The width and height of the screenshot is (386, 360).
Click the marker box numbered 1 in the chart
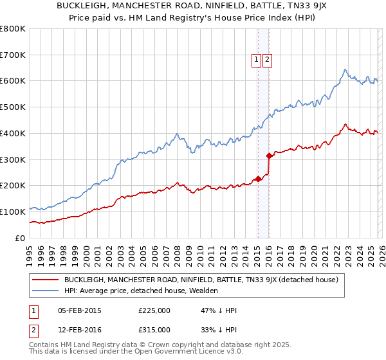[256, 60]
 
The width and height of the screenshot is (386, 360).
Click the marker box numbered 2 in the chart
[267, 60]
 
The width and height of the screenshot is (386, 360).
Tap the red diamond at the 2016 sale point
[269, 155]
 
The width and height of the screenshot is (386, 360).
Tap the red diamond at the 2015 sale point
[257, 179]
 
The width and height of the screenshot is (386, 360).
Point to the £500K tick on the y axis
[13, 107]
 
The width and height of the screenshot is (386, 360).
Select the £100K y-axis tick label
[13, 212]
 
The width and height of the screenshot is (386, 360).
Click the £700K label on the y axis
[13, 55]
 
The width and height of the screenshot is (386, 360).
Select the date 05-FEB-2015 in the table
[79, 310]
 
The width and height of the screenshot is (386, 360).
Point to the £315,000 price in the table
[154, 329]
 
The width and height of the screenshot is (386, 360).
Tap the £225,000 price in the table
[154, 310]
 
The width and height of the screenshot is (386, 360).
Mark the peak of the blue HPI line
[345, 69]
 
